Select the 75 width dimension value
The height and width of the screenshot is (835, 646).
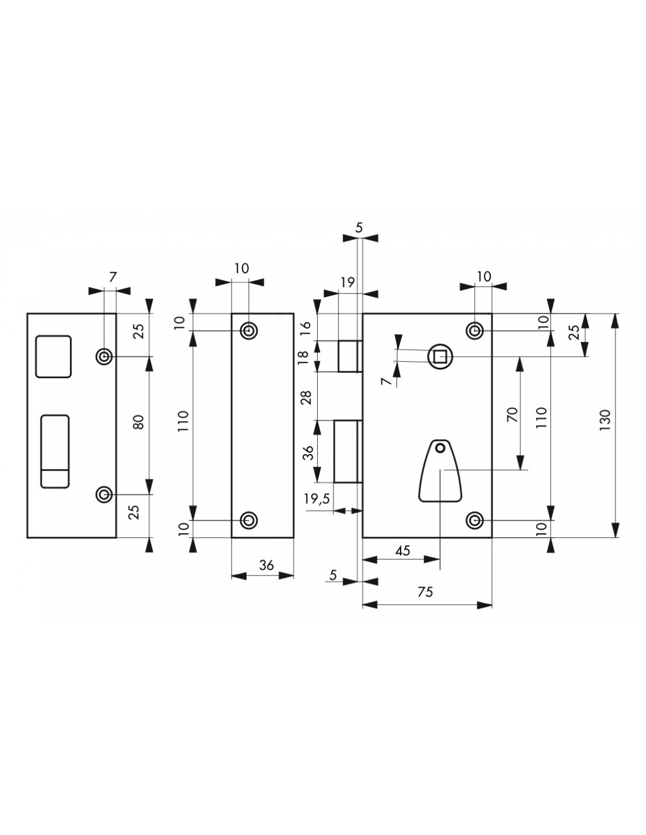426,592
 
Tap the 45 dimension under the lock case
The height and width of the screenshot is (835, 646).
402,551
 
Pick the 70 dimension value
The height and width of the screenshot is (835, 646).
512,415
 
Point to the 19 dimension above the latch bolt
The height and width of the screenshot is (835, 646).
348,282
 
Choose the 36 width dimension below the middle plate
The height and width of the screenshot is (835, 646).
267,565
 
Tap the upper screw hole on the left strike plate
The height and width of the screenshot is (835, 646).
105,356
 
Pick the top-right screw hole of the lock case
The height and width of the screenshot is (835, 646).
475,331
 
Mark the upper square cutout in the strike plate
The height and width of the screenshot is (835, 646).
53,356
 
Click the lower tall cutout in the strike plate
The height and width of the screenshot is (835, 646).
55,451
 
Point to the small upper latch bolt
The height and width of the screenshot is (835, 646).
348,356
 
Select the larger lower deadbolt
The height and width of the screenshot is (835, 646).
346,451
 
